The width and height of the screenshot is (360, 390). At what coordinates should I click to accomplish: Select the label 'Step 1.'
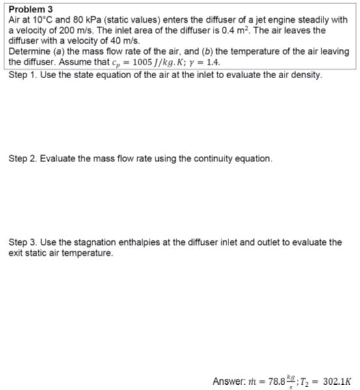click(24, 74)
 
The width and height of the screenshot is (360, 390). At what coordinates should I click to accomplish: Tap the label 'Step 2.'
click(24, 158)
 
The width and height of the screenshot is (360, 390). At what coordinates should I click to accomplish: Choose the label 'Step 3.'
click(24, 242)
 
